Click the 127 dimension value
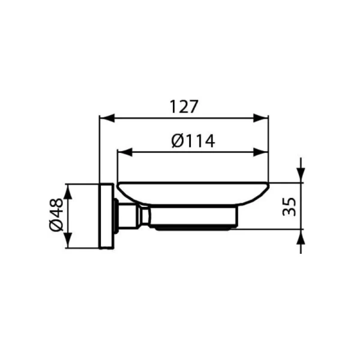pyautogui.click(x=183, y=107)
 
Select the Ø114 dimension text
pyautogui.click(x=193, y=141)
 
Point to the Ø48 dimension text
pyautogui.click(x=55, y=216)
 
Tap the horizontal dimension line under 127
pyautogui.click(x=184, y=118)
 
